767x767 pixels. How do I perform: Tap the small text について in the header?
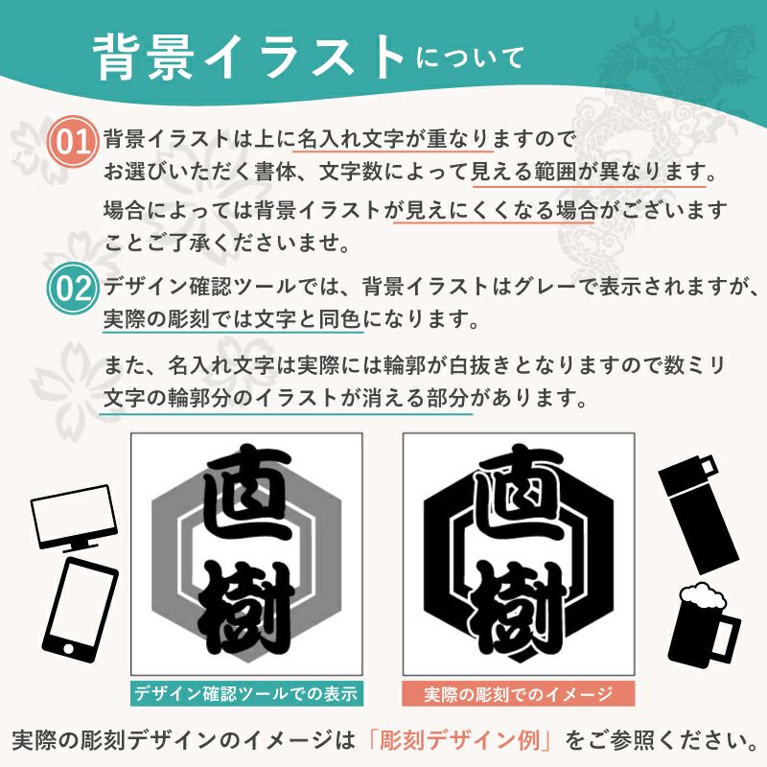[470, 58]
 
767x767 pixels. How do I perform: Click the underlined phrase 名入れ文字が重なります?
[395, 140]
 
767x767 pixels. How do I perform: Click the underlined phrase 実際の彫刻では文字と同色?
[233, 319]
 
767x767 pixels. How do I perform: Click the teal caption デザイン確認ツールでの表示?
[246, 693]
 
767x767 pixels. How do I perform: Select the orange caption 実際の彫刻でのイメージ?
[519, 693]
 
